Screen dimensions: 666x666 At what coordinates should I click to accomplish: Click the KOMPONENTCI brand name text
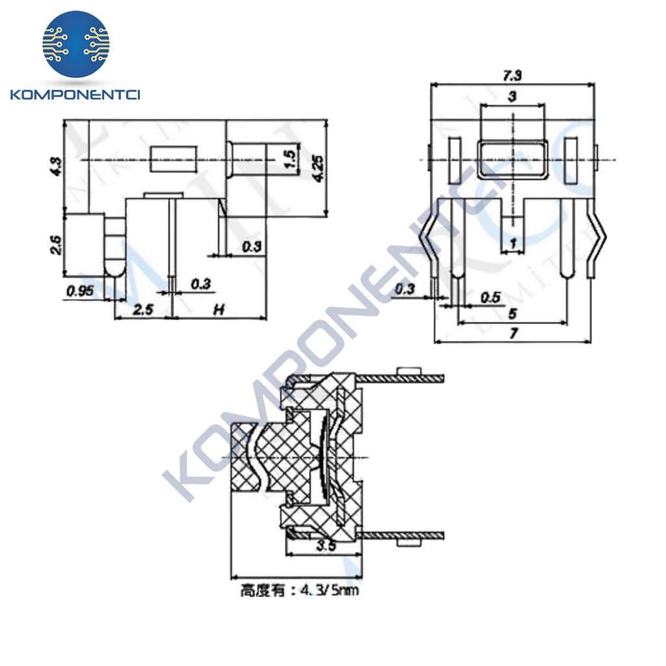click(x=76, y=95)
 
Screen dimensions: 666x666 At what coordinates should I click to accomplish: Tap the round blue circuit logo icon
click(x=76, y=44)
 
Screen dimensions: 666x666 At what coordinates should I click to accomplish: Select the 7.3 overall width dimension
click(x=512, y=76)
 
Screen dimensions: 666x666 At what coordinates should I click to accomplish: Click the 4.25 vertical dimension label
click(x=318, y=168)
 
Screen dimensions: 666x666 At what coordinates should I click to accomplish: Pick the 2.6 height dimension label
click(x=55, y=245)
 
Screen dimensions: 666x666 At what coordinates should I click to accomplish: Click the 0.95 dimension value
click(x=81, y=291)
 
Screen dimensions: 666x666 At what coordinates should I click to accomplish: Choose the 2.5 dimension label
click(x=142, y=310)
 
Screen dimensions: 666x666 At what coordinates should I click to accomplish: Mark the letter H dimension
click(x=220, y=310)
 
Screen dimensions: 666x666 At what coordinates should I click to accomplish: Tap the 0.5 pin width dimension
click(x=490, y=297)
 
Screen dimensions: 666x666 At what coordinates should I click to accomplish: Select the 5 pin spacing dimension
click(x=512, y=313)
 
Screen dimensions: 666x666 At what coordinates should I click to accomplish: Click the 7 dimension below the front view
click(x=513, y=334)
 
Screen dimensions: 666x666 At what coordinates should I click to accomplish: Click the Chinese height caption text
click(x=299, y=591)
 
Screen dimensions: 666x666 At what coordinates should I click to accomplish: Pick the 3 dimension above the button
click(x=512, y=97)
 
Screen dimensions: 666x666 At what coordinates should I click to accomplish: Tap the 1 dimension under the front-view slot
click(x=514, y=243)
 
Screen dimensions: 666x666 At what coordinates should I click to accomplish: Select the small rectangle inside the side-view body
click(x=173, y=159)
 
